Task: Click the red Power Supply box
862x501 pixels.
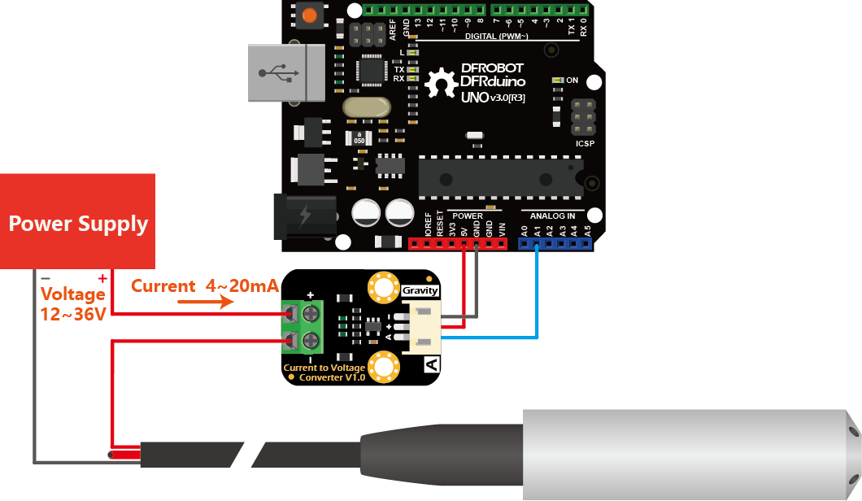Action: click(78, 221)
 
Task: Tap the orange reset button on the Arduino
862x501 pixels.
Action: click(309, 15)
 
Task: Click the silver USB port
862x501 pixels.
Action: click(276, 73)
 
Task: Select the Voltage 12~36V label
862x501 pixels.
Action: click(73, 303)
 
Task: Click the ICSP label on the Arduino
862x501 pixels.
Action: click(585, 144)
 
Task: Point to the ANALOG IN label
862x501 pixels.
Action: click(552, 216)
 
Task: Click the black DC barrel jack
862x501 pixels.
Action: click(305, 216)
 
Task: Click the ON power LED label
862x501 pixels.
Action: click(572, 81)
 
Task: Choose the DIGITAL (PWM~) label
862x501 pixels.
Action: click(496, 37)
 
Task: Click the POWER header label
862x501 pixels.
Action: click(468, 216)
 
